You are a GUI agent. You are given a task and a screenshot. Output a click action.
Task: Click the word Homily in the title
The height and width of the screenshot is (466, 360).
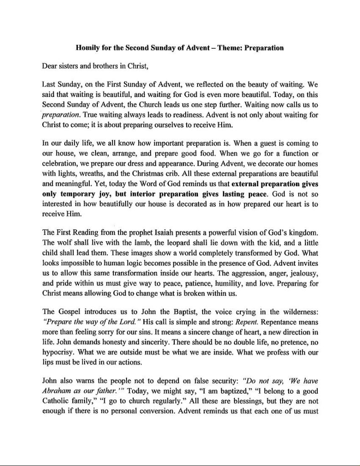pyautogui.click(x=86, y=47)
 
